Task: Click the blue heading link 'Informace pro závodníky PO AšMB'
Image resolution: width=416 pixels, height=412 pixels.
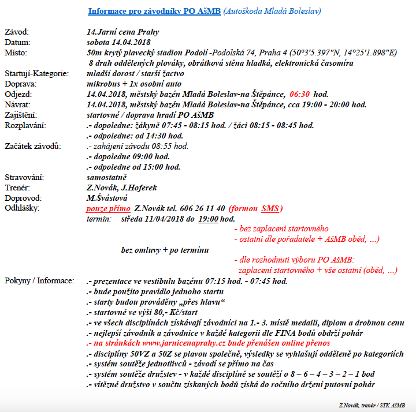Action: click(154, 11)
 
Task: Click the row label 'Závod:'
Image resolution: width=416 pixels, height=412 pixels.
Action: click(16, 32)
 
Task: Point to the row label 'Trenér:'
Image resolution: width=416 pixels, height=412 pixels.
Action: click(17, 188)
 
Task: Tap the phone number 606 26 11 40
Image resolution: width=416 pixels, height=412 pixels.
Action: click(200, 208)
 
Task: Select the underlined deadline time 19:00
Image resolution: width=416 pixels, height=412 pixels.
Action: click(209, 219)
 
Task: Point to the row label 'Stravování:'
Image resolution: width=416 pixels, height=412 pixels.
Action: click(24, 177)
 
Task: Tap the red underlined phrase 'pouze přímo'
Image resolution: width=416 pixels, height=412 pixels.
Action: click(108, 208)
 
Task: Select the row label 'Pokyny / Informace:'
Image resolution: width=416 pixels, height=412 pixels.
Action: click(39, 281)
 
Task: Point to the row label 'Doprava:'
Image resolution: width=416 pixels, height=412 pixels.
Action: click(21, 84)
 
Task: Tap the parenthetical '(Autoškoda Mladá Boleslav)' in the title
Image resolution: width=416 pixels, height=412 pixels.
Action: click(272, 11)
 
